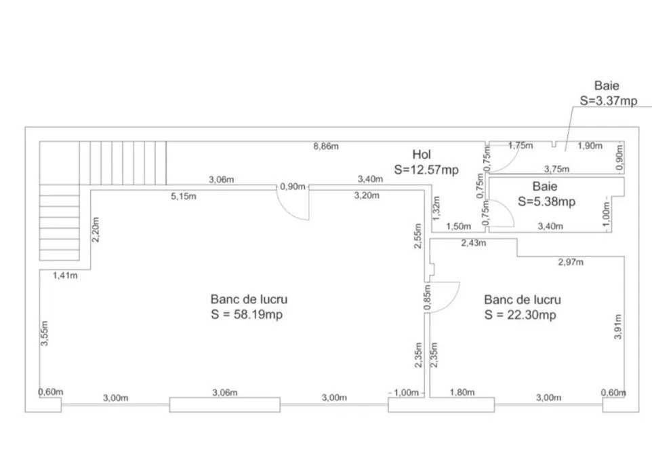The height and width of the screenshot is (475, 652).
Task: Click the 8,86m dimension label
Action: tap(326, 146)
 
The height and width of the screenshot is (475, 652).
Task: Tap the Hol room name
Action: tap(421, 155)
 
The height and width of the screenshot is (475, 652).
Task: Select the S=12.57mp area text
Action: tap(426, 170)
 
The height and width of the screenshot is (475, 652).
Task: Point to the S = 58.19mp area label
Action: tap(247, 314)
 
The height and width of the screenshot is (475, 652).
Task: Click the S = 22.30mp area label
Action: tap(521, 315)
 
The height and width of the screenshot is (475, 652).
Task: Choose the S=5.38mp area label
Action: tap(546, 202)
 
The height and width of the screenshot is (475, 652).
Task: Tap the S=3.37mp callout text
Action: tap(609, 100)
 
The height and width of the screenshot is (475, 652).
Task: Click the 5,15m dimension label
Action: tap(184, 196)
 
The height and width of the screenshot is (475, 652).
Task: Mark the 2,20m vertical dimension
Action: tap(96, 229)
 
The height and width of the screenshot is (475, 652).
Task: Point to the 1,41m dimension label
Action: tap(65, 275)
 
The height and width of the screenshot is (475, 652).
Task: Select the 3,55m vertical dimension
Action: tap(45, 333)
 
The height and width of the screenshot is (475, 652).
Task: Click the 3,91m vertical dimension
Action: tap(618, 327)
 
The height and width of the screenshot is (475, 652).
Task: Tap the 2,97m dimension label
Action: tap(571, 262)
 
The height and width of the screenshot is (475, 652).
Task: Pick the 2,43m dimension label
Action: tap(474, 243)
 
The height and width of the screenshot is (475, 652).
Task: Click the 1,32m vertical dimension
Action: tap(436, 208)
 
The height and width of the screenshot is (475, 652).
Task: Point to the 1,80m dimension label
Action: tap(462, 392)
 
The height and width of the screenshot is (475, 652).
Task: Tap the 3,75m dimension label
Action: tap(557, 169)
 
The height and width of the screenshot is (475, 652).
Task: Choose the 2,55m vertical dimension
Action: tap(418, 236)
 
